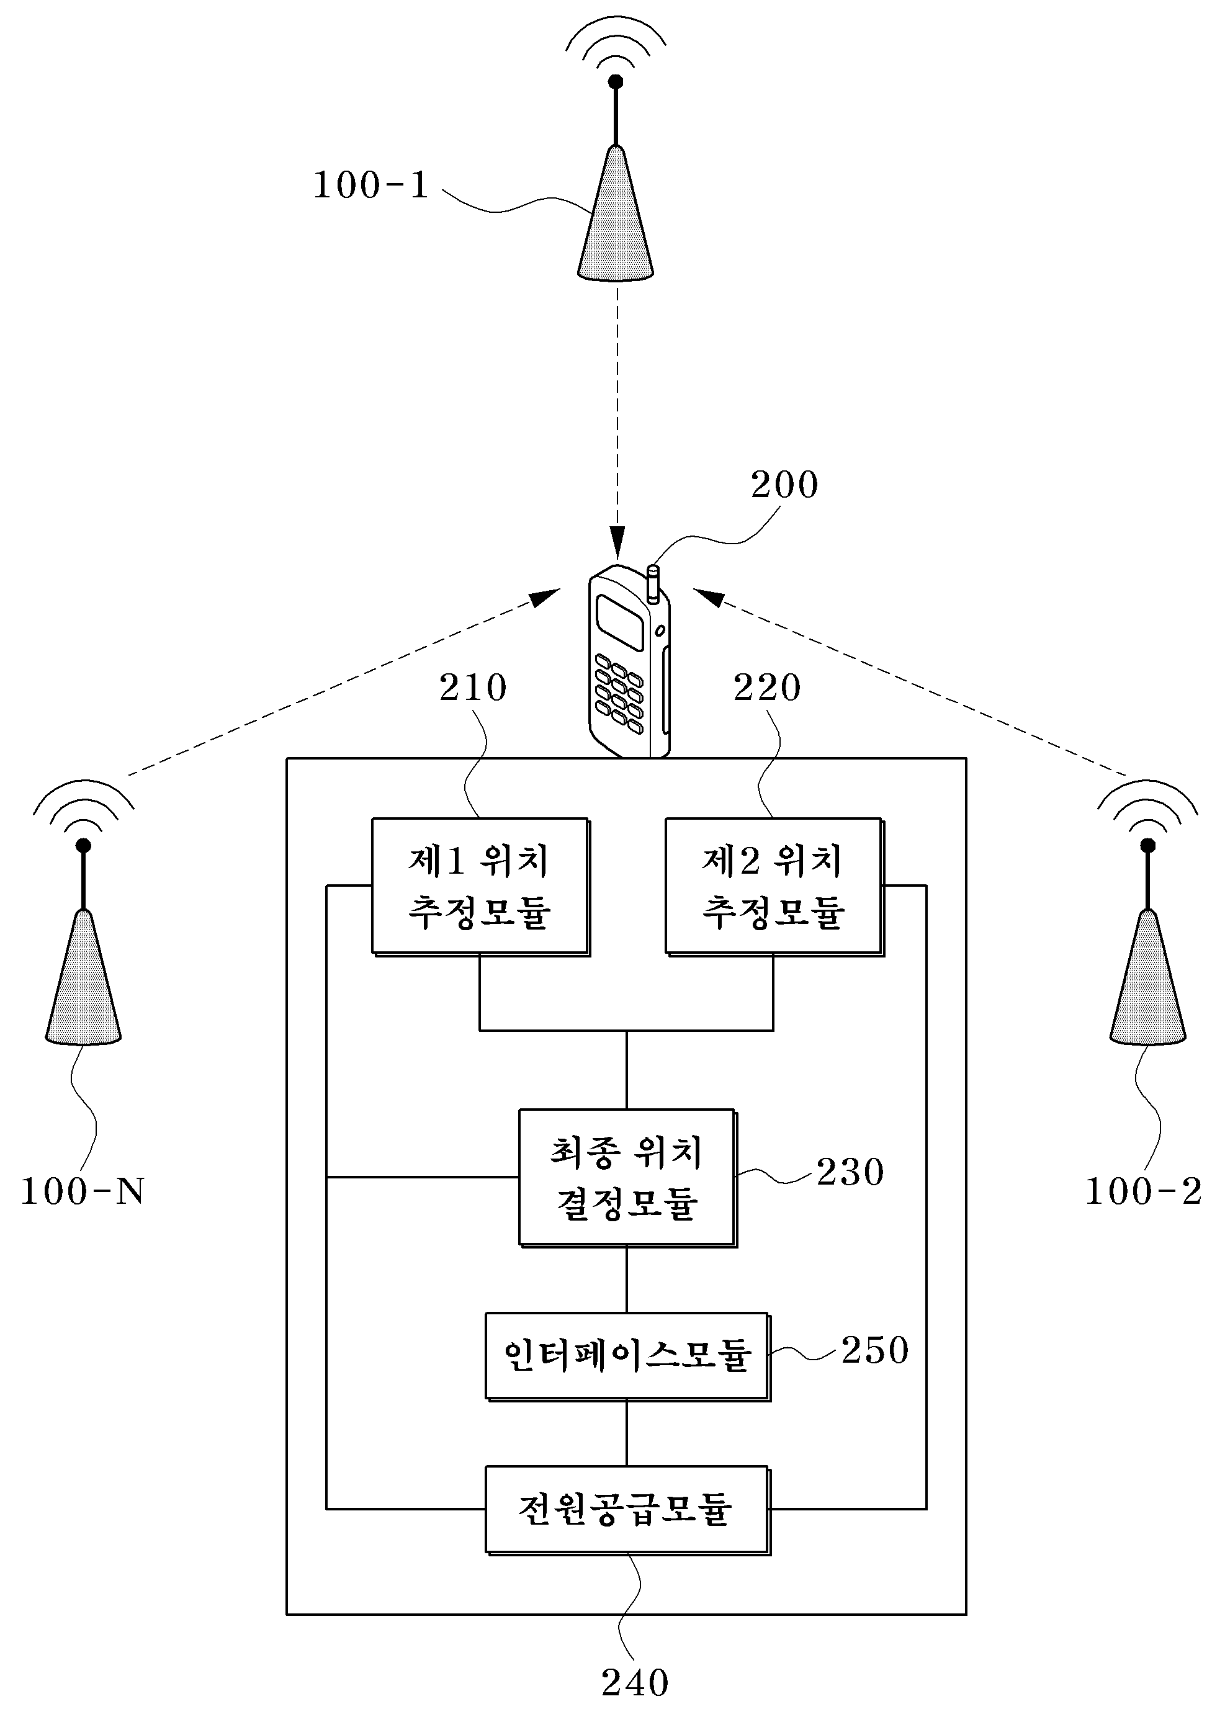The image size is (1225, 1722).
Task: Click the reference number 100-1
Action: click(x=370, y=185)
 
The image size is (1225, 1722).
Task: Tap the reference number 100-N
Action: click(x=81, y=1191)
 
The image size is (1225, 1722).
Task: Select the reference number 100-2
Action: click(x=1143, y=1191)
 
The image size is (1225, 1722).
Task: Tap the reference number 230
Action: click(x=850, y=1172)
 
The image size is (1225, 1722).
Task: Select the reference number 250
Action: click(x=875, y=1350)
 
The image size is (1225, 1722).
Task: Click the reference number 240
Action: click(x=635, y=1683)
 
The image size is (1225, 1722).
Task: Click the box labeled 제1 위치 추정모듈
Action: click(x=480, y=887)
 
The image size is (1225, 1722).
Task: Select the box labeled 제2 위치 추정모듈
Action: click(x=774, y=887)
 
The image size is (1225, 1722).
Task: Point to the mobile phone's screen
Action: click(x=620, y=623)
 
